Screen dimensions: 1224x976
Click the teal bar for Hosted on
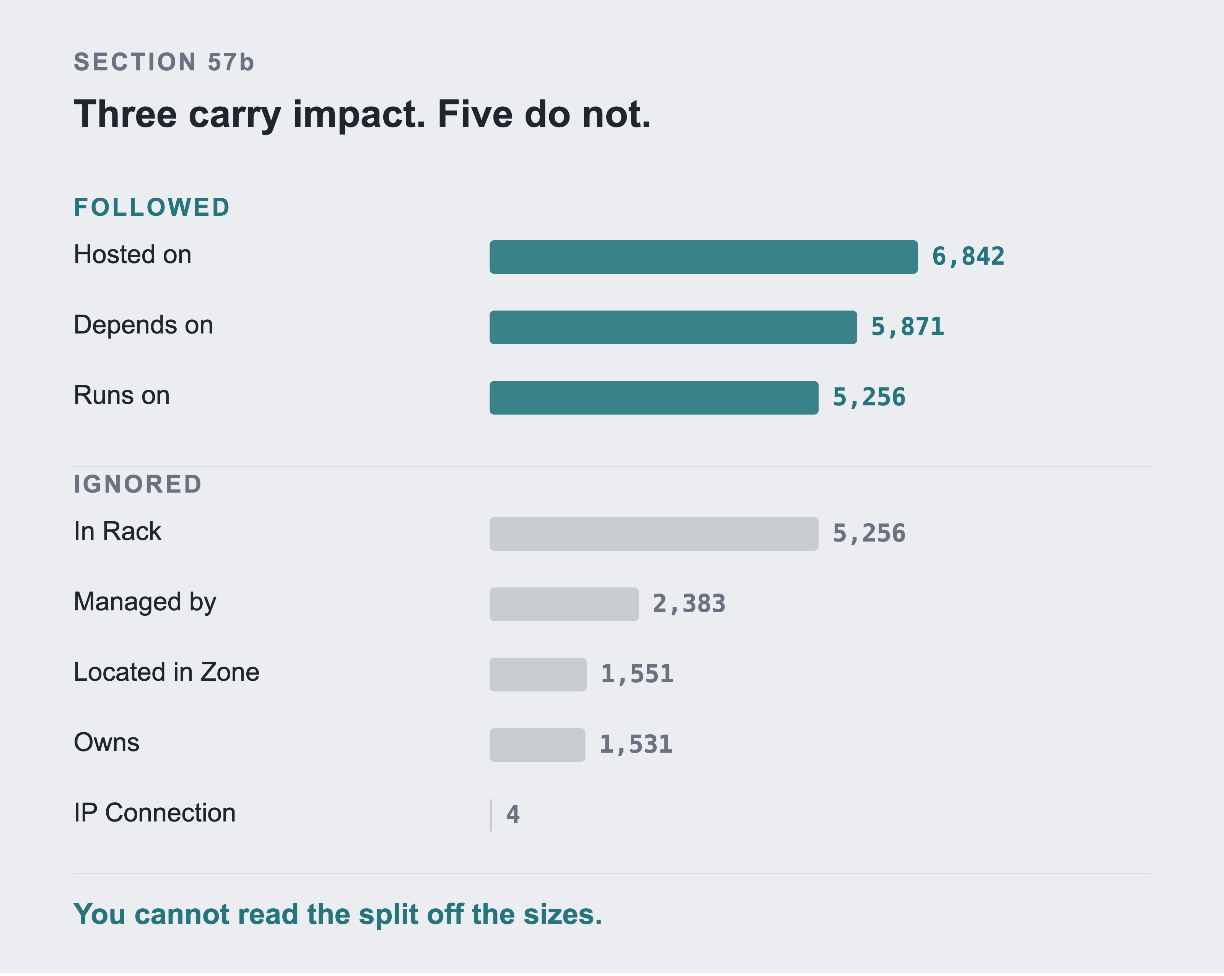703,257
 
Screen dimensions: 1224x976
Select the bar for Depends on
673,328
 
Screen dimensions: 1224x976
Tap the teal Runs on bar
654,398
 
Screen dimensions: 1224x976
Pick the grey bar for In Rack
654,534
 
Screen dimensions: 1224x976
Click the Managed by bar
564,605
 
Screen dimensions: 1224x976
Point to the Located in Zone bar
538,675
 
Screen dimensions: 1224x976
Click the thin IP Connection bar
490,816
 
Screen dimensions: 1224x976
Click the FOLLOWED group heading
151,207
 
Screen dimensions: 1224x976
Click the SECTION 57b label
164,62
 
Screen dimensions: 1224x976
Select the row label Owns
107,743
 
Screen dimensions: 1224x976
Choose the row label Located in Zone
167,672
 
